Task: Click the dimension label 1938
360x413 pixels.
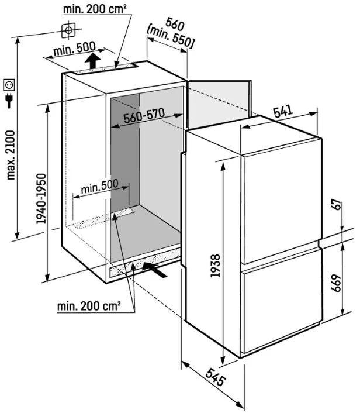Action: click(x=215, y=265)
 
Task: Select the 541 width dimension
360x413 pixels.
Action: click(x=283, y=111)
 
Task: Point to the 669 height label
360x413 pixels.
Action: click(x=336, y=283)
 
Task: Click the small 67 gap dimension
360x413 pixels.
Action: click(x=336, y=205)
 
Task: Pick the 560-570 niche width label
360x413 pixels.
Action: click(x=144, y=116)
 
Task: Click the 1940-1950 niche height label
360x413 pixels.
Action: click(x=41, y=199)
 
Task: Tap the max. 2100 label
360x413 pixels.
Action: click(x=11, y=155)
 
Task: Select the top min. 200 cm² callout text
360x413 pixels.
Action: click(x=95, y=9)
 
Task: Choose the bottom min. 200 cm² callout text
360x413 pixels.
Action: click(x=89, y=306)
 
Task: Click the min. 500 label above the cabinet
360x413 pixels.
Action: click(x=74, y=49)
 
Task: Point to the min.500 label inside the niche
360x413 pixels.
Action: click(x=99, y=187)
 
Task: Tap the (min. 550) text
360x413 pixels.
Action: click(x=170, y=39)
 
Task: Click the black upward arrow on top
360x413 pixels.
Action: click(x=93, y=61)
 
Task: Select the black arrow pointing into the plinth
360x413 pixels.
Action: click(x=154, y=269)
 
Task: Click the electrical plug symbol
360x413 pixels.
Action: click(x=9, y=100)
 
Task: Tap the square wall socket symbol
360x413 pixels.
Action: click(x=9, y=85)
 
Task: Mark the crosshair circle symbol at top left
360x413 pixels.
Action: click(x=69, y=30)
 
